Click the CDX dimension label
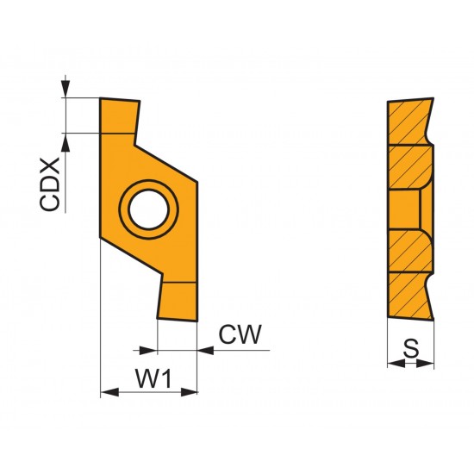(51, 184)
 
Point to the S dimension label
(411, 348)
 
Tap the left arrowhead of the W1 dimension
(107, 393)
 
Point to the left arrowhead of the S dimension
(393, 364)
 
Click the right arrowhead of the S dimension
(428, 364)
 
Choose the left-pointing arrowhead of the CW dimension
(205, 350)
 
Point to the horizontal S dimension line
(411, 364)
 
